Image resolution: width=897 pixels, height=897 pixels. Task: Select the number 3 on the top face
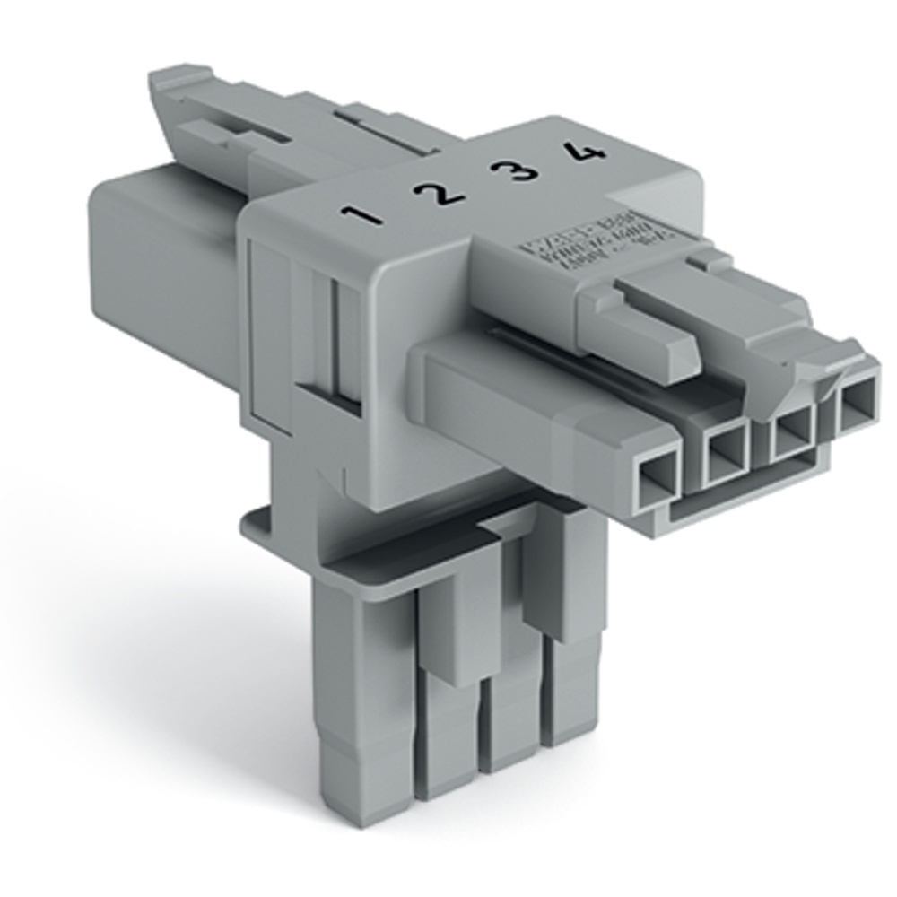coord(518,167)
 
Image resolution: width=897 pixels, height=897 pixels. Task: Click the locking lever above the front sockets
coord(646,323)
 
